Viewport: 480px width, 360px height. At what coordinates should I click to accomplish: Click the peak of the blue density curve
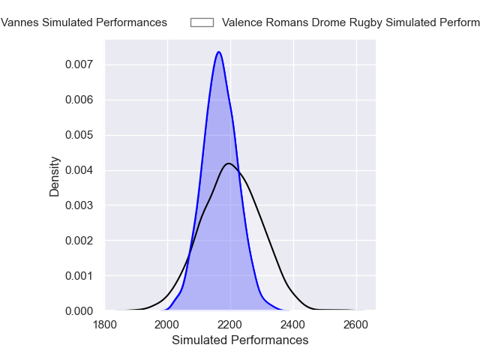[218, 52]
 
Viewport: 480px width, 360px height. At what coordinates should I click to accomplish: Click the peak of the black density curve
[229, 163]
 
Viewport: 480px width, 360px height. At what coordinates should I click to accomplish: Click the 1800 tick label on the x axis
[104, 325]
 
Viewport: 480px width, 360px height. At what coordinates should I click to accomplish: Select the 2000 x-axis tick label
[167, 325]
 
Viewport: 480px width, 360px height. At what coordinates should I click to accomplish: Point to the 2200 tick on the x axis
[230, 325]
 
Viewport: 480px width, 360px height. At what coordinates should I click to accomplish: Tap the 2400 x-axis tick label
[293, 325]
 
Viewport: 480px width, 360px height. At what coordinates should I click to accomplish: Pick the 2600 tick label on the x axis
[356, 325]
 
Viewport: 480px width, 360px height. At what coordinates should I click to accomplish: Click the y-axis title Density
[55, 175]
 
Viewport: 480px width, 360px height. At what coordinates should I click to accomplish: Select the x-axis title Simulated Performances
[240, 340]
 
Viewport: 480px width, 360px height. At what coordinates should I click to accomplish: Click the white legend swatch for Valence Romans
[202, 22]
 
